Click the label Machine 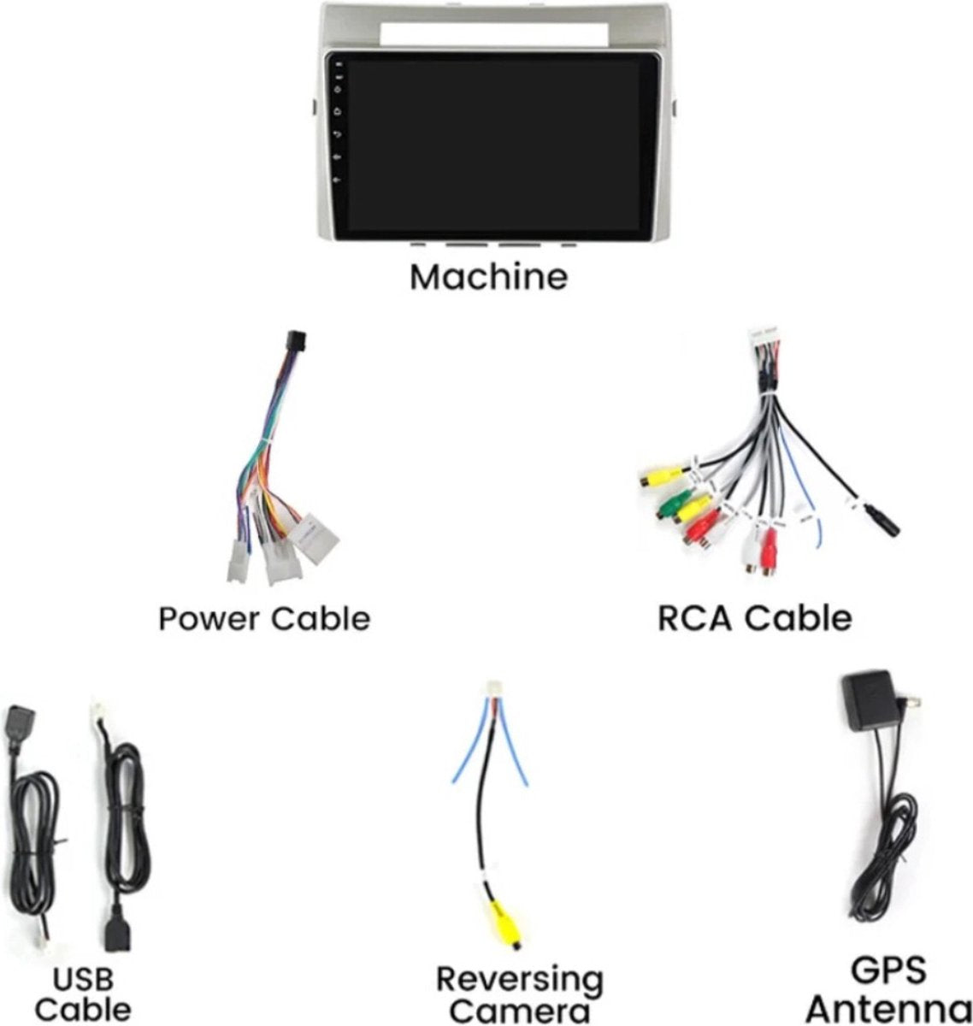[488, 277]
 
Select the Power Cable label [264, 618]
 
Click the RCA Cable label [754, 618]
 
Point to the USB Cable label [83, 993]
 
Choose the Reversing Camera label [519, 993]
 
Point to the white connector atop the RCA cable [764, 336]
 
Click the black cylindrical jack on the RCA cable [882, 521]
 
